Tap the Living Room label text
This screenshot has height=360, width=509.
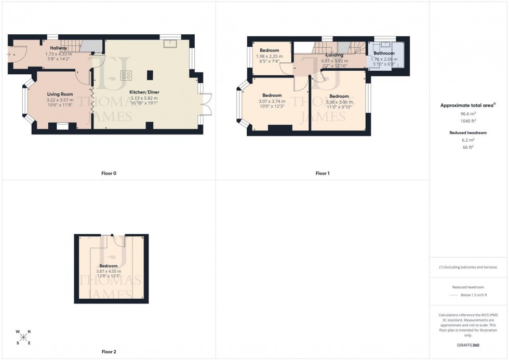pyautogui.click(x=60, y=94)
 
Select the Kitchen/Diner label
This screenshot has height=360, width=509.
pyautogui.click(x=144, y=91)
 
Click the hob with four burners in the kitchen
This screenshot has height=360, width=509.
pyautogui.click(x=126, y=75)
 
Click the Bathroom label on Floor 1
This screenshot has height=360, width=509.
pyautogui.click(x=384, y=54)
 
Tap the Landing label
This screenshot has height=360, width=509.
pyautogui.click(x=334, y=55)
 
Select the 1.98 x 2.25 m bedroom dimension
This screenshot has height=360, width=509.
pyautogui.click(x=269, y=56)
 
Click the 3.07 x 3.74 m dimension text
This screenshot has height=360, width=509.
pyautogui.click(x=272, y=101)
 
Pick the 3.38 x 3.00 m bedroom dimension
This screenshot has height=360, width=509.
pyautogui.click(x=339, y=102)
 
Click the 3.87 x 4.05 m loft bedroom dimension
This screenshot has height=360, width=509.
pyautogui.click(x=109, y=271)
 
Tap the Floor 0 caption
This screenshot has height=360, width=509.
pyautogui.click(x=109, y=173)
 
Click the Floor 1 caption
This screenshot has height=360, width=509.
pyautogui.click(x=322, y=173)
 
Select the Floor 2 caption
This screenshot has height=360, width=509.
pyautogui.click(x=109, y=352)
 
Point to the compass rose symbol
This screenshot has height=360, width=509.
pyautogui.click(x=23, y=337)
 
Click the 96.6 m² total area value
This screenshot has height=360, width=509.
pyautogui.click(x=468, y=113)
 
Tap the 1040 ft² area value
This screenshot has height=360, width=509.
pyautogui.click(x=468, y=120)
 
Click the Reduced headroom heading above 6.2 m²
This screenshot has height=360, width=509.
pyautogui.click(x=468, y=132)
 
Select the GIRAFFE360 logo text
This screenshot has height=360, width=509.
pyautogui.click(x=468, y=345)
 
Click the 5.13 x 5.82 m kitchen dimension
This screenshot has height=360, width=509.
pyautogui.click(x=144, y=98)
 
